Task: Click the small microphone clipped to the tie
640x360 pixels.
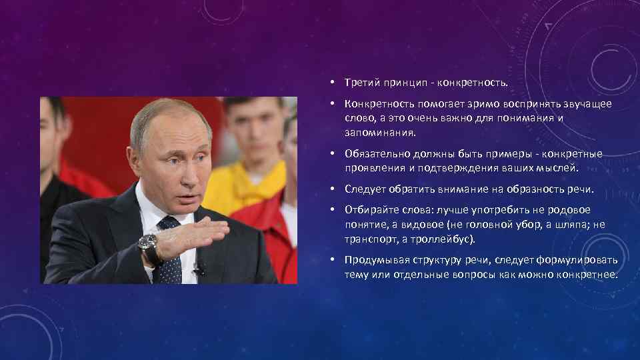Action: [198, 269]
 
